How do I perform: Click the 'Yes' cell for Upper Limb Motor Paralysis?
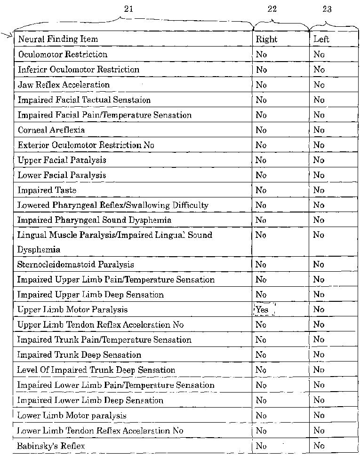[262, 310]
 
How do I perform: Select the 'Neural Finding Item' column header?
[58, 39]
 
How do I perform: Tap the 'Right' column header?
[267, 39]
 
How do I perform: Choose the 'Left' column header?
[321, 39]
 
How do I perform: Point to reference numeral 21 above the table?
[128, 9]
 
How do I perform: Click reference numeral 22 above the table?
[272, 9]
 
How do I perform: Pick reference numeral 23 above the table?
[327, 9]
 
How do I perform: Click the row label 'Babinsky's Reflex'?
[51, 446]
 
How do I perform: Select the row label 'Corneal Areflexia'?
[51, 130]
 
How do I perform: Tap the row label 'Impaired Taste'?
[47, 190]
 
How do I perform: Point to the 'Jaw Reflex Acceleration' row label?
[64, 85]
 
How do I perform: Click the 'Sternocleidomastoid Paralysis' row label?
[76, 265]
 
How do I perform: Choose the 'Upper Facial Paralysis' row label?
[62, 160]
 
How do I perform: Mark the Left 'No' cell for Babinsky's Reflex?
[319, 446]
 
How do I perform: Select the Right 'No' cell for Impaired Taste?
[261, 190]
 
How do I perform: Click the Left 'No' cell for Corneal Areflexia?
[319, 130]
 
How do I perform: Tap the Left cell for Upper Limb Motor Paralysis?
[319, 310]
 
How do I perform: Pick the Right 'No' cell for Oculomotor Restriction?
[261, 55]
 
